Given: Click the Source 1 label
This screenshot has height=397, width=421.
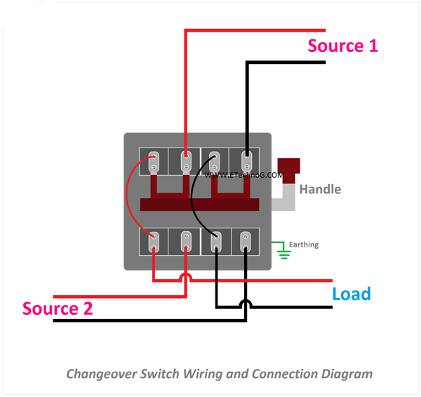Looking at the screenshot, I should tap(342, 46).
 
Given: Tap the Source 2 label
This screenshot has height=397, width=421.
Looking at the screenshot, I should tap(58, 308).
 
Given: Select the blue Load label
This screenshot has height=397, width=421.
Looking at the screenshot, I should tap(351, 294).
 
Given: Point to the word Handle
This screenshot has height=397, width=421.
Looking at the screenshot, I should tap(320, 189).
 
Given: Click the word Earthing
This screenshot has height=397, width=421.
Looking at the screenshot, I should tap(303, 245).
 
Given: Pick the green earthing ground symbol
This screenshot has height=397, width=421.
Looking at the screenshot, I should tap(283, 250).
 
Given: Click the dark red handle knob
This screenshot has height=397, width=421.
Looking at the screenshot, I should tap(289, 169).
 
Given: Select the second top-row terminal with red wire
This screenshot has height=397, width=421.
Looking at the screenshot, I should tap(186, 162).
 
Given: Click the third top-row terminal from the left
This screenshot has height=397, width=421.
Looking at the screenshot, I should tap(216, 162).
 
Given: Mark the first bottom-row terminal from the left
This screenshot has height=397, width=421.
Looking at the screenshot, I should tap(155, 242).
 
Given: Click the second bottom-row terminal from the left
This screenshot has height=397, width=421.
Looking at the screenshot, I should tap(186, 242).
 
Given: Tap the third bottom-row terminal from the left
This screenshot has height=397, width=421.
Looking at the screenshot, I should tap(216, 242).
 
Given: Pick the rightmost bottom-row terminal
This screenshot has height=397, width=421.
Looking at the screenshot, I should tap(246, 242).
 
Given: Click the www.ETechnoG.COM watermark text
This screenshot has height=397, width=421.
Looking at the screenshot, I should tap(246, 176).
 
